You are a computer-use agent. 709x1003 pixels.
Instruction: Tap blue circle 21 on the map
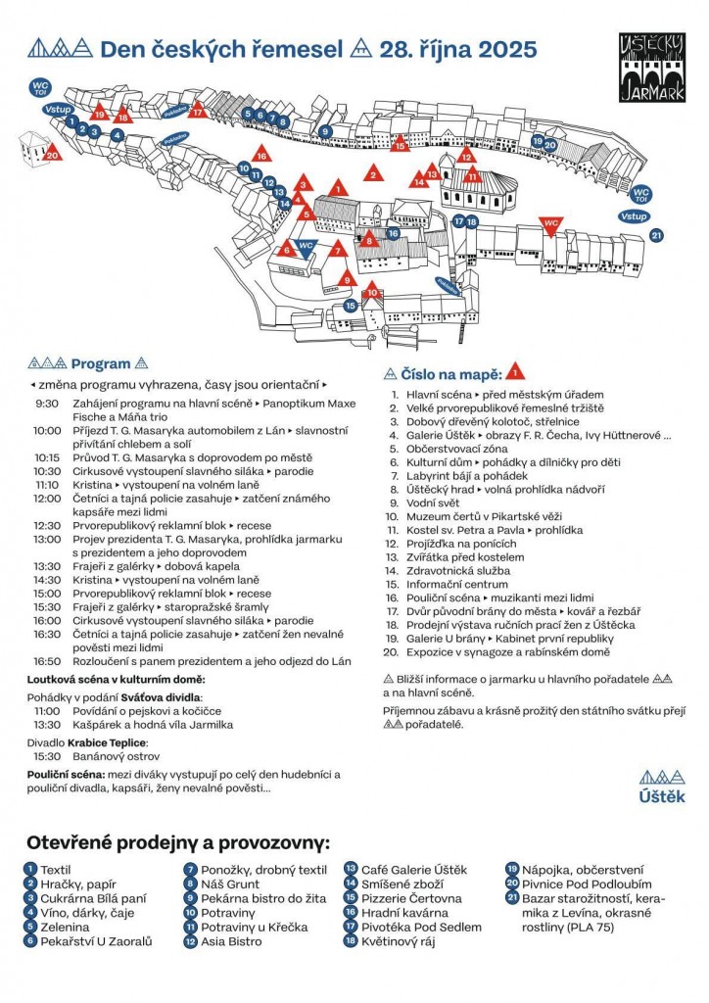[x=656, y=235]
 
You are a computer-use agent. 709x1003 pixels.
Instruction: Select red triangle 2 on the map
[x=372, y=175]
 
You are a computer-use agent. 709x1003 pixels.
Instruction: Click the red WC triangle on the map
[x=551, y=223]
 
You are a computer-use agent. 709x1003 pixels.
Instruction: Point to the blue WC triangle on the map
[x=306, y=247]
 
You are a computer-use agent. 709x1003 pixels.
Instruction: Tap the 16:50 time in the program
[x=47, y=661]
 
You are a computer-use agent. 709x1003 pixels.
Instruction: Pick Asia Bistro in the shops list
[x=232, y=941]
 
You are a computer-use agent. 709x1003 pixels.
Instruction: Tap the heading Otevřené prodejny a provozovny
[x=178, y=842]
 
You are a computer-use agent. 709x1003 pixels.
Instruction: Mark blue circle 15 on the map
[x=350, y=307]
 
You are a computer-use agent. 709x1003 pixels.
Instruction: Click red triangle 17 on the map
[x=198, y=111]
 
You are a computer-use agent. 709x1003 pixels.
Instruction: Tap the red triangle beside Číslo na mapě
[x=516, y=372]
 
